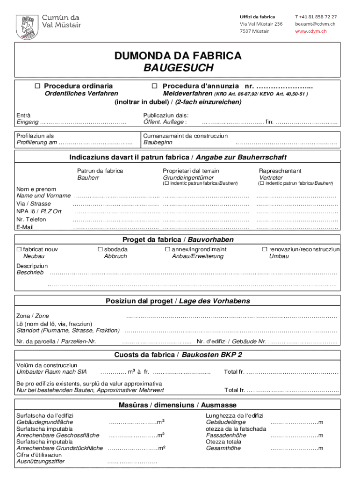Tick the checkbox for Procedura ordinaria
click(37, 86)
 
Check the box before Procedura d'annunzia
click(154, 86)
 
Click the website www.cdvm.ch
click(310, 31)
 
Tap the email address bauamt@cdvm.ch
click(315, 23)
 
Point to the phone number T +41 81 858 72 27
click(316, 16)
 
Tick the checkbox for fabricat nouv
click(19, 249)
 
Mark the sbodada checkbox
click(100, 249)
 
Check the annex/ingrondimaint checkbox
click(167, 249)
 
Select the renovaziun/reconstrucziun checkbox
click(264, 249)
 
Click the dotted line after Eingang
click(83, 123)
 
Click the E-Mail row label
click(25, 227)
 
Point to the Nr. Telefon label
click(31, 219)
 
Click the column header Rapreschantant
click(280, 171)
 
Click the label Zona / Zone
click(33, 316)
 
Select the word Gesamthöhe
click(223, 448)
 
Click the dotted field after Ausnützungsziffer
click(131, 462)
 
